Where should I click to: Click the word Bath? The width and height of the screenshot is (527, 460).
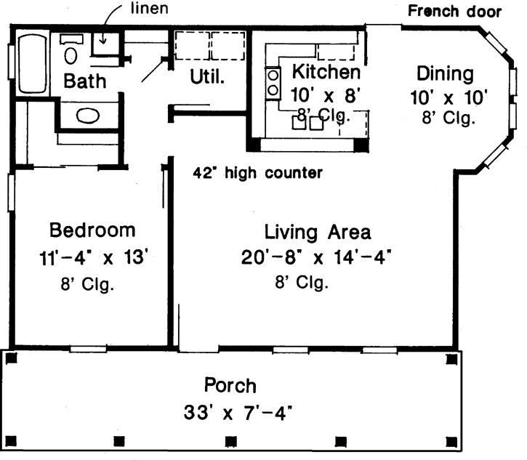coord(84,81)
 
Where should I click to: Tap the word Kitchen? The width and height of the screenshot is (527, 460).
coord(326,72)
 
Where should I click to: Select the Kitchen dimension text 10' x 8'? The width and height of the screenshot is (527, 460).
coord(325,94)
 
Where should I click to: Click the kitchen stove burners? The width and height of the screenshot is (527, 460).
coord(274,82)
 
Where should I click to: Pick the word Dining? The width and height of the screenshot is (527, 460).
coord(445,73)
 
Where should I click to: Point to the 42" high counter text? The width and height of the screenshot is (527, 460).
coord(258,174)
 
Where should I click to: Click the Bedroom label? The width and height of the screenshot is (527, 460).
coord(92,231)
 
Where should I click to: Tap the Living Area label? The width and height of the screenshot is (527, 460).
coord(318,233)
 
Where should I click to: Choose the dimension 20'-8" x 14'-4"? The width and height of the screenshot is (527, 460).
coord(318,257)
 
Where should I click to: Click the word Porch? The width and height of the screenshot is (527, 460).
coord(230,384)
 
